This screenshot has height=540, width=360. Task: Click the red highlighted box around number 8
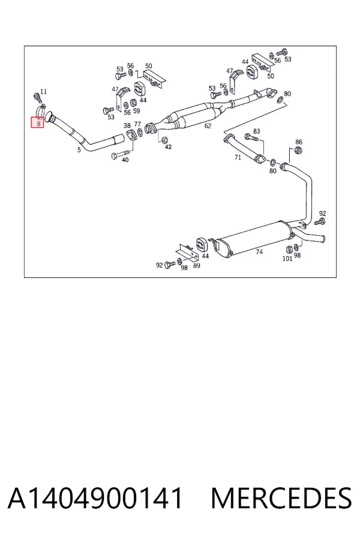tap(38, 122)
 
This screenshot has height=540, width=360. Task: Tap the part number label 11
tap(43, 91)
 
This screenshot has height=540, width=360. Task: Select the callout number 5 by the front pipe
tap(79, 149)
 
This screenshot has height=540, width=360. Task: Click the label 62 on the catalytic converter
tap(208, 126)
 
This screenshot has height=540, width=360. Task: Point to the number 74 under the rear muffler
tap(259, 252)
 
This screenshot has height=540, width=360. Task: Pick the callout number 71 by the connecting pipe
tap(238, 157)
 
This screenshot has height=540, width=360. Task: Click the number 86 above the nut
tap(299, 142)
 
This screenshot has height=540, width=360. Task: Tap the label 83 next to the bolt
tap(257, 131)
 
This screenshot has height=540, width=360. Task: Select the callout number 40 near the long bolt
tap(125, 160)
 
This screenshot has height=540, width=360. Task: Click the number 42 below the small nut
tap(168, 147)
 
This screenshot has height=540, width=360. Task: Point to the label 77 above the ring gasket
tap(137, 124)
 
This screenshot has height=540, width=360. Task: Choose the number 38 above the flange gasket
tap(127, 125)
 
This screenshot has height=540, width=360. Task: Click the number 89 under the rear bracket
tap(196, 266)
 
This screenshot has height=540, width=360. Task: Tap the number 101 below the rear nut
tap(287, 258)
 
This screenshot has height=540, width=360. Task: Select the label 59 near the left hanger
tap(136, 110)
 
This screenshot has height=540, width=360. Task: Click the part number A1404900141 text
tap(95, 498)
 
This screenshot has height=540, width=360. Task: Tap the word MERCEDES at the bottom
tap(281, 498)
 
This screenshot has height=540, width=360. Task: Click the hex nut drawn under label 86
tap(299, 150)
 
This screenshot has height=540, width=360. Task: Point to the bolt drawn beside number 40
tap(121, 154)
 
